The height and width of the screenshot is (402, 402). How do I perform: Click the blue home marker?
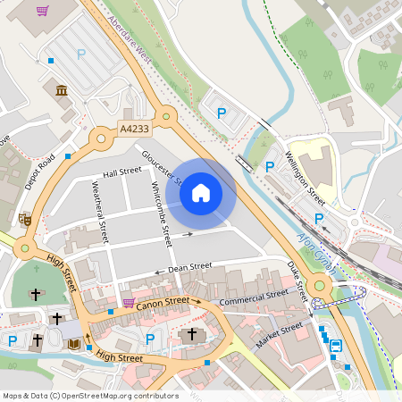pyautogui.click(x=201, y=193)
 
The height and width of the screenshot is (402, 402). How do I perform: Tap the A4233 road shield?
pyautogui.click(x=134, y=130)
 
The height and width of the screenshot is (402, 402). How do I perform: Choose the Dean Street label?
pyautogui.click(x=189, y=266)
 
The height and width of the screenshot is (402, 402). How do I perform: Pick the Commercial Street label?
pyautogui.click(x=254, y=298)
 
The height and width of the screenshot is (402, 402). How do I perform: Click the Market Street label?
pyautogui.click(x=280, y=336)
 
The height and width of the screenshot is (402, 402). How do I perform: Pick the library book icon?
pyautogui.click(x=74, y=343)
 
